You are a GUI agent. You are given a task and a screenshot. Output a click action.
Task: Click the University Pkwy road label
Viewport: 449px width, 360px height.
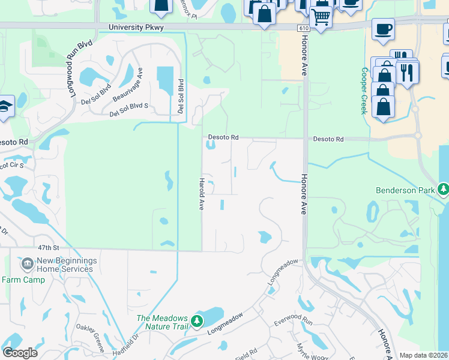pyautogui.click(x=136, y=28)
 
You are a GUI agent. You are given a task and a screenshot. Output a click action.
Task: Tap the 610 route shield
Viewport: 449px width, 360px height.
pyautogui.click(x=304, y=28)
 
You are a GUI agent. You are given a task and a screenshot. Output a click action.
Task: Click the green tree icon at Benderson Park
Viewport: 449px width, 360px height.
pyautogui.click(x=443, y=190)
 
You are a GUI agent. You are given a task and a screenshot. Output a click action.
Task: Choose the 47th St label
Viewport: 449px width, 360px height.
pyautogui.click(x=49, y=247)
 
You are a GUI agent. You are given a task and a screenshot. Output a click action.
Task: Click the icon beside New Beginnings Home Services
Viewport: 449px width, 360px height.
pyautogui.click(x=26, y=264)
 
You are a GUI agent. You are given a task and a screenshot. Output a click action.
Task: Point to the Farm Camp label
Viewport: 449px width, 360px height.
pyautogui.click(x=19, y=280)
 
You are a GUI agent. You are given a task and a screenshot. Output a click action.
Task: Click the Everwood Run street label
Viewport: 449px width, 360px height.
pyautogui.click(x=294, y=322)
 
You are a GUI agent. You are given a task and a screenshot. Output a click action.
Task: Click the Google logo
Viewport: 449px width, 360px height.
pyautogui.click(x=20, y=352)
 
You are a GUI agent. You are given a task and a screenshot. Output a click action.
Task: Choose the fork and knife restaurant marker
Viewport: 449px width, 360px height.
pyautogui.click(x=408, y=72)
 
